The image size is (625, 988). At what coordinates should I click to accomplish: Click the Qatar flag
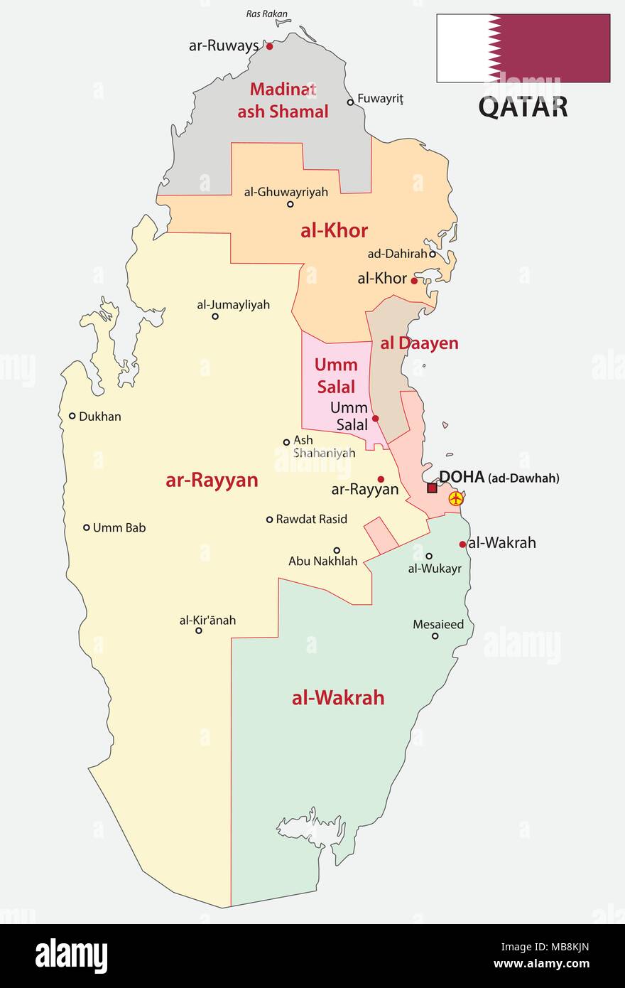pos(523,48)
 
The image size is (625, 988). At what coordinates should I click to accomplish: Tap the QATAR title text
pos(523,107)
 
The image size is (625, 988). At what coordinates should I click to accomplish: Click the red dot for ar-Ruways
pos(270,46)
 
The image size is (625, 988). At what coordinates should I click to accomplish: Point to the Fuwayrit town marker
pos(350,102)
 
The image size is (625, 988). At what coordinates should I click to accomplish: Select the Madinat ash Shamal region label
pos(283,100)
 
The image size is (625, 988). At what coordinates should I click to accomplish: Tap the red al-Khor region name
pos(334,230)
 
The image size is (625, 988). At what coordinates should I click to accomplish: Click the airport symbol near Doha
pos(455,500)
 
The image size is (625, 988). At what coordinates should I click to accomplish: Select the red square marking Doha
pos(432,488)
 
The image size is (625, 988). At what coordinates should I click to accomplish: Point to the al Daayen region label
pos(419,343)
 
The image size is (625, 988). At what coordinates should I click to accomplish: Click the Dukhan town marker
pos(72,416)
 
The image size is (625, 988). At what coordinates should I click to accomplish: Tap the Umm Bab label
pos(119,527)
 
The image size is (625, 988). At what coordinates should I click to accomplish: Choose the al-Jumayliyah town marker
pos(215,316)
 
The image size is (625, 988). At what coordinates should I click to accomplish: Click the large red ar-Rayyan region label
pos(212,480)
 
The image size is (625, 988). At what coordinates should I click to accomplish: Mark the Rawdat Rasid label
pos(311,519)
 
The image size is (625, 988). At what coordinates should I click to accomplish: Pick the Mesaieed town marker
pos(435,636)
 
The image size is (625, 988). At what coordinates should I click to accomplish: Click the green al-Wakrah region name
pos(338,697)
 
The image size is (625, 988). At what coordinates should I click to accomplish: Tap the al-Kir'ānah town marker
pos(199,630)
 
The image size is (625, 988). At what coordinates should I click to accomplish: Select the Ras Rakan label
pos(262,14)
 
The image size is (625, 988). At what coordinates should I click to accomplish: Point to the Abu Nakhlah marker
pos(337,549)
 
